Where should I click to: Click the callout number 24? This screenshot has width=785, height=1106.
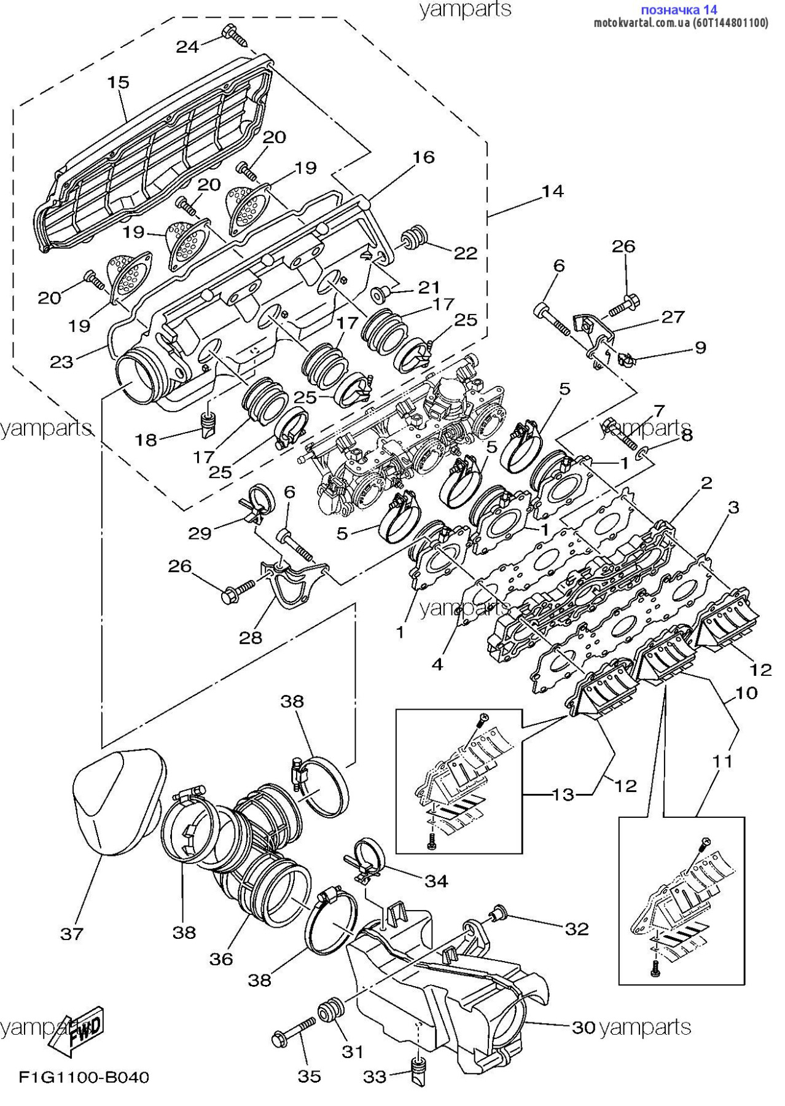(188, 46)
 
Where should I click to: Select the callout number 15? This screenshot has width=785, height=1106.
(119, 82)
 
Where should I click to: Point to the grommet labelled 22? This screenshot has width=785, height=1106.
(412, 238)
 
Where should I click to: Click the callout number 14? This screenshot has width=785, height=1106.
(552, 191)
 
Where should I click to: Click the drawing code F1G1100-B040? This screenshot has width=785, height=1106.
(84, 1077)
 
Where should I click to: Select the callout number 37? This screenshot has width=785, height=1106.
(71, 934)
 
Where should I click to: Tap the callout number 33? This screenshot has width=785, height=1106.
(375, 1077)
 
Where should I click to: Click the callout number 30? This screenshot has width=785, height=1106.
(584, 1027)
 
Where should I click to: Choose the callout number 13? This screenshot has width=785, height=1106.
(563, 794)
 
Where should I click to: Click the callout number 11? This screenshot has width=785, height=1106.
(723, 761)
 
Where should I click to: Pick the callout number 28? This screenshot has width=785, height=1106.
(251, 637)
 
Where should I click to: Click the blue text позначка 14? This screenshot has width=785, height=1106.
(679, 9)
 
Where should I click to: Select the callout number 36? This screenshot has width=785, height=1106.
(221, 958)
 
